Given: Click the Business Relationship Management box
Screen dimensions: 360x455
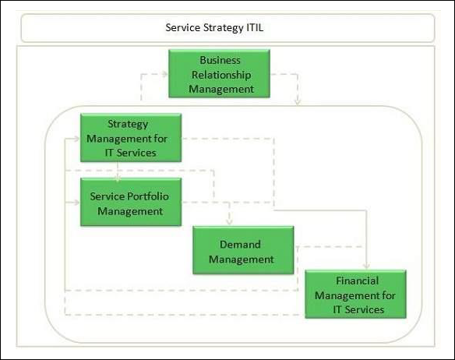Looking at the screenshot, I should click(219, 74).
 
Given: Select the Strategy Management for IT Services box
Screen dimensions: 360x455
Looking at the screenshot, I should click(131, 138).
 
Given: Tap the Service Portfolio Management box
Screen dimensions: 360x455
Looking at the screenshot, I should click(131, 203).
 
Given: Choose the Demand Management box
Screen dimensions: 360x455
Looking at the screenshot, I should click(243, 250).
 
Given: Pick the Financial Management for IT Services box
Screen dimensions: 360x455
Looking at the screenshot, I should click(355, 294).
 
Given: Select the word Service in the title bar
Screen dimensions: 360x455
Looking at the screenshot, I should click(185, 28).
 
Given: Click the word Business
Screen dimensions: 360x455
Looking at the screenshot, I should click(219, 60).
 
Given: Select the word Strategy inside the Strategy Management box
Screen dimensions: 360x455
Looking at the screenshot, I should click(127, 125).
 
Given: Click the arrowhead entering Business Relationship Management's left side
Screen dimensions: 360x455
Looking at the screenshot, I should click(164, 74).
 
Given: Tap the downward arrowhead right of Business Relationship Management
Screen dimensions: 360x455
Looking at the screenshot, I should click(298, 101).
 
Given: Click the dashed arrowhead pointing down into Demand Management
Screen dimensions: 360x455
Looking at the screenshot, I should click(228, 223).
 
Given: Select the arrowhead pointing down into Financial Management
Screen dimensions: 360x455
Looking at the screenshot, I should click(368, 266).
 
